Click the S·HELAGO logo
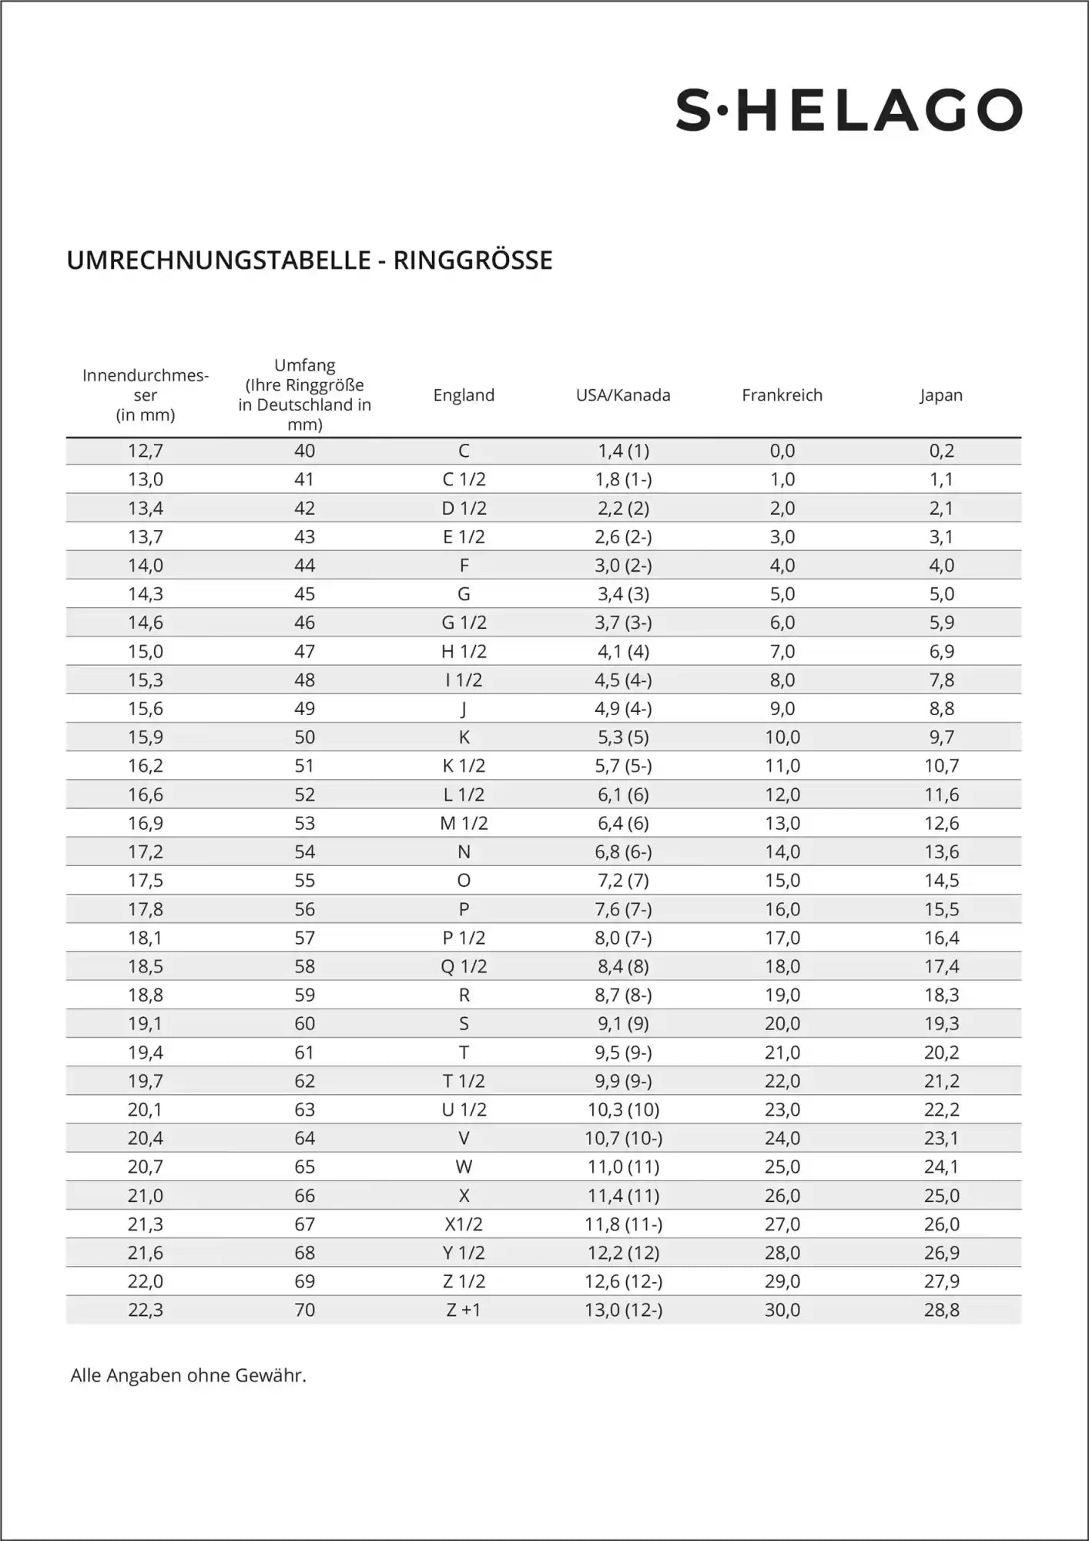849,110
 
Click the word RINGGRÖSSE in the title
473,260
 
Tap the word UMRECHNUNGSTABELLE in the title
219,260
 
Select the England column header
464,395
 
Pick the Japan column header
941,395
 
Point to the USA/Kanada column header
623,395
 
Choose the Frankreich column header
782,395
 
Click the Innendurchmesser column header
146,395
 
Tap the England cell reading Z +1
464,1310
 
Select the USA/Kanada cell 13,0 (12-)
623,1310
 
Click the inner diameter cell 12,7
146,451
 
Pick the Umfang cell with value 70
304,1310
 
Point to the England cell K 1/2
464,766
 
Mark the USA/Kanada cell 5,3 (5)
623,737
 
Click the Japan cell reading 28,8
941,1310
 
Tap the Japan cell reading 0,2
941,451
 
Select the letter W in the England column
464,1167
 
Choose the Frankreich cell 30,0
782,1310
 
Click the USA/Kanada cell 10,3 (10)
623,1110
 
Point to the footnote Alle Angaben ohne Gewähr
188,1375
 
